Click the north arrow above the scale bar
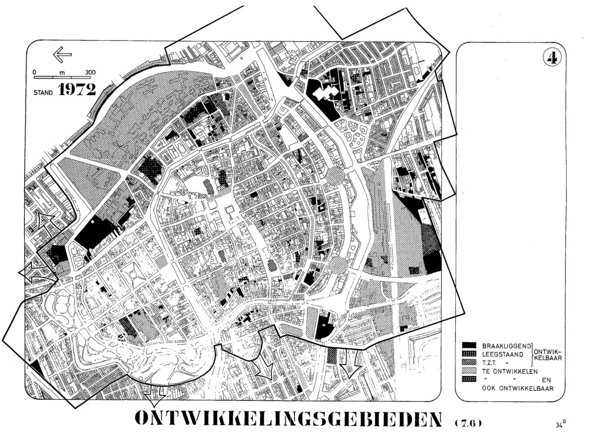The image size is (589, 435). point(62,54)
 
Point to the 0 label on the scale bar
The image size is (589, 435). point(35,72)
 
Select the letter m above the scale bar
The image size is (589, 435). point(62,72)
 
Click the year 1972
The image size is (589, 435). point(77,91)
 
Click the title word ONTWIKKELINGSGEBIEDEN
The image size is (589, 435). point(290,418)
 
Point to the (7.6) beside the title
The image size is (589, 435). point(469,422)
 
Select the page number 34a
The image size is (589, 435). point(560,423)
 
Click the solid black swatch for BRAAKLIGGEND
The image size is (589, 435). point(468,344)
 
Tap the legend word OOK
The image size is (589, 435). point(490,388)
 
